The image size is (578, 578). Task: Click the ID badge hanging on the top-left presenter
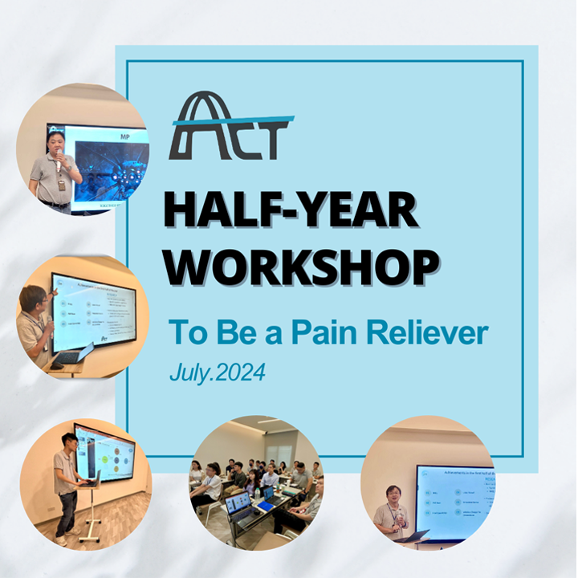pos(61,184)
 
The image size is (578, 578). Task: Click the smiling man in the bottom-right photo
pos(393,511)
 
